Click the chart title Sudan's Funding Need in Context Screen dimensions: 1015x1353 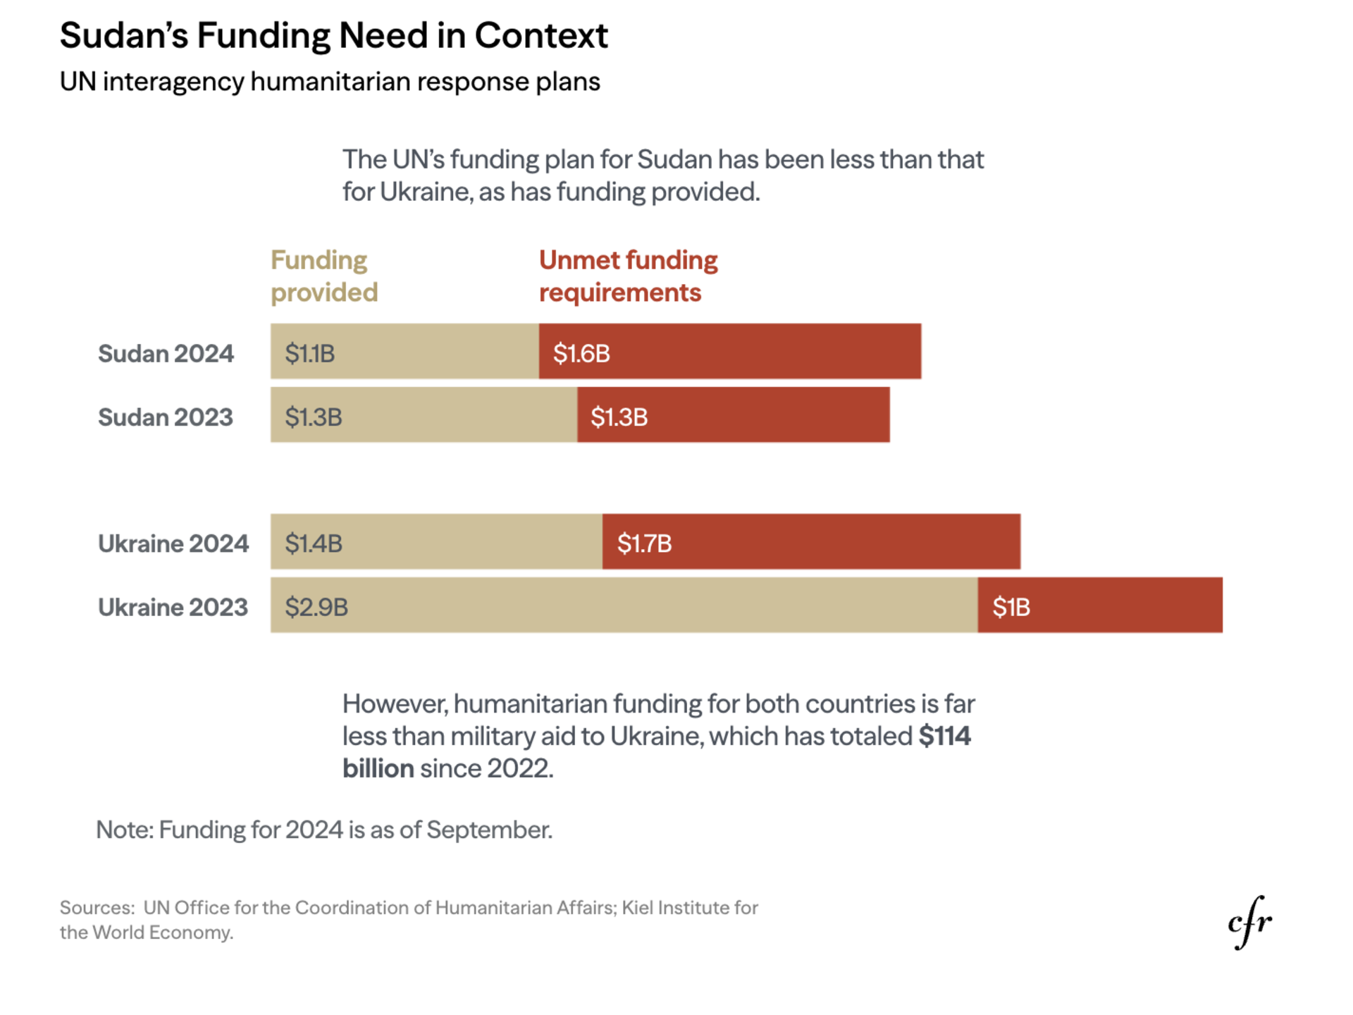333,35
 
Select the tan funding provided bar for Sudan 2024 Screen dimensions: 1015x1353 404,352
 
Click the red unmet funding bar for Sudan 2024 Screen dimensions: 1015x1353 729,352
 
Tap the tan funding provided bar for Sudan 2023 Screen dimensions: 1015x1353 424,415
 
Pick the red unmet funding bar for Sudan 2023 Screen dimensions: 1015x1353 733,415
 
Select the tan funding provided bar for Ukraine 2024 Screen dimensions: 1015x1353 436,542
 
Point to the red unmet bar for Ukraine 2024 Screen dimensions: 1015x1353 811,542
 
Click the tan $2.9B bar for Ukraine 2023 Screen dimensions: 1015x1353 624,605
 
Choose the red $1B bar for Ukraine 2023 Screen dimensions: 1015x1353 1100,605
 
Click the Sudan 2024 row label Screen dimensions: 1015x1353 166,353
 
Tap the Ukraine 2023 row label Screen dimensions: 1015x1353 173,607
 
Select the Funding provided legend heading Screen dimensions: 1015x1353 323,276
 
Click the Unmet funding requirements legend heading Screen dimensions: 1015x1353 628,276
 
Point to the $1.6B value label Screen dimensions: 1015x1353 581,353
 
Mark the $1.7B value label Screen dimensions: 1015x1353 644,543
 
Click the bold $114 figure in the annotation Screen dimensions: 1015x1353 945,736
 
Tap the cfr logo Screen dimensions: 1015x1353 1249,922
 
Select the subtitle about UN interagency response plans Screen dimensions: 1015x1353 330,82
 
